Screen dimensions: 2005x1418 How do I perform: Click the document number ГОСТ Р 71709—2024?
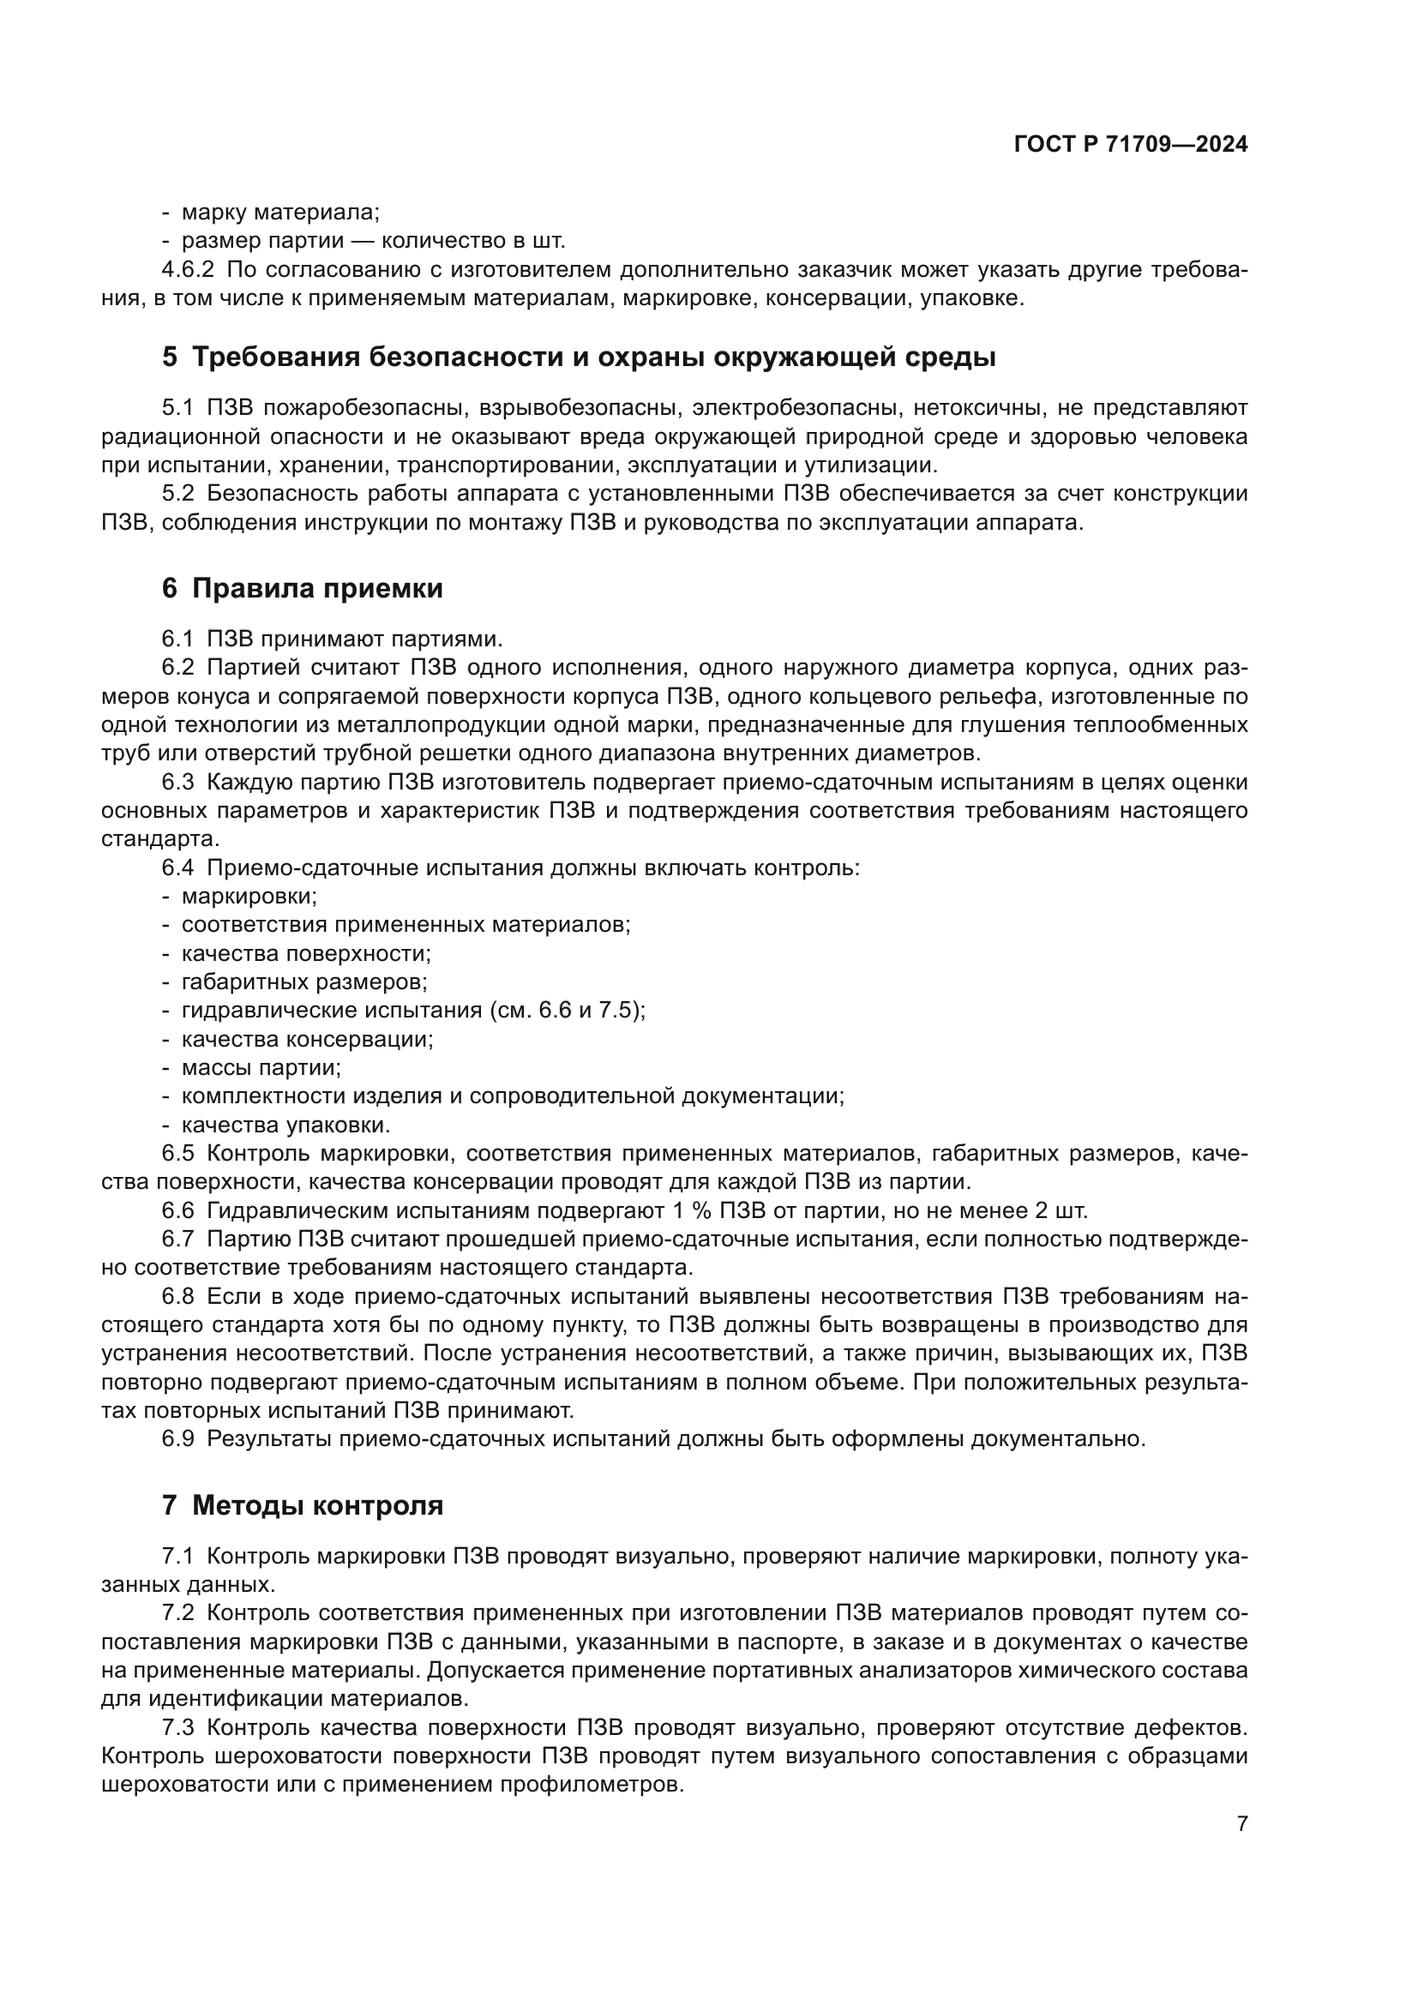tap(1130, 145)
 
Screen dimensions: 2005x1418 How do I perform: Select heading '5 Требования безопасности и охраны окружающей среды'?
tap(578, 357)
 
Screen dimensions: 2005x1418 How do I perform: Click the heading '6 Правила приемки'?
tap(302, 589)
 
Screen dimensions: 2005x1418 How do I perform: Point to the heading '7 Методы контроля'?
tap(302, 1505)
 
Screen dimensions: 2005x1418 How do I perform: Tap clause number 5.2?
tap(178, 495)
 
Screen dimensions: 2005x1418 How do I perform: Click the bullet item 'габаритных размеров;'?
tap(303, 982)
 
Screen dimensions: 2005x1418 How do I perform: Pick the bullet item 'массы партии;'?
tap(261, 1068)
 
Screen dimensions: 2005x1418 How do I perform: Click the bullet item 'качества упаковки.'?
tap(285, 1125)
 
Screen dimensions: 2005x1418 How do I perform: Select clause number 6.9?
tap(178, 1439)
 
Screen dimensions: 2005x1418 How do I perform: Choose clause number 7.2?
tap(178, 1613)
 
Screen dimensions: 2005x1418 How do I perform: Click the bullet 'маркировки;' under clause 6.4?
tap(249, 897)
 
